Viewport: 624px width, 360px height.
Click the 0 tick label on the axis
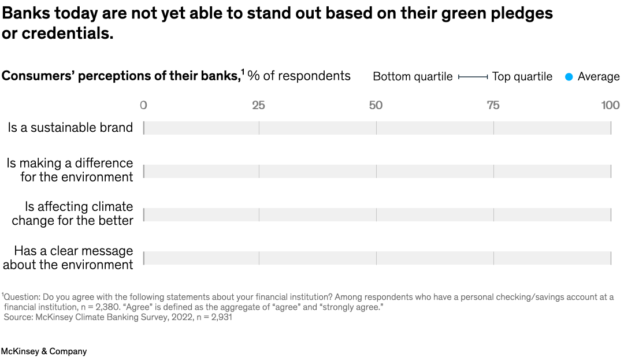(143, 105)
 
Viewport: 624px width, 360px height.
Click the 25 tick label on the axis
(258, 105)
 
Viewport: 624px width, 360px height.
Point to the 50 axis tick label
(376, 105)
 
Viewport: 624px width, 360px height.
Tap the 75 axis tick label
(493, 105)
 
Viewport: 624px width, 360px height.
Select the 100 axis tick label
(610, 105)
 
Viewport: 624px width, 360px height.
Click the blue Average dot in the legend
(569, 77)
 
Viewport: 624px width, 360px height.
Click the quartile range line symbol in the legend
(473, 77)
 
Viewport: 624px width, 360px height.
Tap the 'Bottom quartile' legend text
(413, 77)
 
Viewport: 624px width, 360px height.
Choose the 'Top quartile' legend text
(522, 77)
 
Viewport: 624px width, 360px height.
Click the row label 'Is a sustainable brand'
(70, 128)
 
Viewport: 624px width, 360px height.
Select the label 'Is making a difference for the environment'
(70, 170)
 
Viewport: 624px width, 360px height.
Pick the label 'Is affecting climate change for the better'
(73, 213)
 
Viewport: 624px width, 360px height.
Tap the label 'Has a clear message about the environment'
(68, 258)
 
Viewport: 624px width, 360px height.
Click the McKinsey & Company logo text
(44, 351)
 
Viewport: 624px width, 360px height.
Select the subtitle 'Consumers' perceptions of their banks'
(121, 76)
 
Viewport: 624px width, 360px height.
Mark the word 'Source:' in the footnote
(18, 317)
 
